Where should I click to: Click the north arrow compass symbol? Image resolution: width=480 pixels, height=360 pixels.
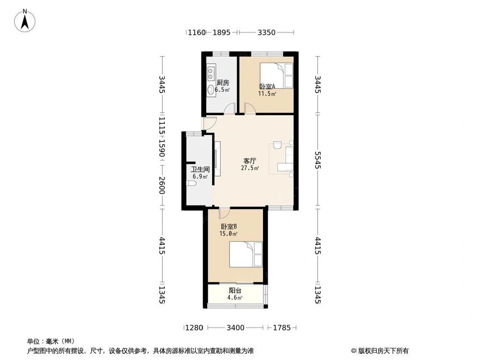pos(25,20)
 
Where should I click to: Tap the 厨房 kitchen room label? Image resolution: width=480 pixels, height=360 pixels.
pos(223,83)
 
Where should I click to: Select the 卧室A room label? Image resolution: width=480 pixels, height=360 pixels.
pos(267,86)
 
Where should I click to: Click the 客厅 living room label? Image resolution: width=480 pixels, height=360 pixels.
pos(250,161)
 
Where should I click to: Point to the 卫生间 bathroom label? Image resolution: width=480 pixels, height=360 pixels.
pos(200,169)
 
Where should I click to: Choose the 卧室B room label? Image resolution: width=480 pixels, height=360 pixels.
pos(229,227)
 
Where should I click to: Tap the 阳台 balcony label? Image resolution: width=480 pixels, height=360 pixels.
pos(235,290)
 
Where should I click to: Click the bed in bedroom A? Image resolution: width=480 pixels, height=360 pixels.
pos(276,76)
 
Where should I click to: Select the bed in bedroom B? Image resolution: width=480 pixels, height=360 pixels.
pos(246,254)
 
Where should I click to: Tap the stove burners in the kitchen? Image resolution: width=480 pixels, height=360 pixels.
pos(211,72)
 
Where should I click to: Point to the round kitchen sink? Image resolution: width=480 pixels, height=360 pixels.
pos(211,89)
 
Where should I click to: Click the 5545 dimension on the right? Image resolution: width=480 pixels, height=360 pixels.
pos(318,160)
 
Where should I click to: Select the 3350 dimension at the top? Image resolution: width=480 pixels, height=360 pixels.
pos(266,32)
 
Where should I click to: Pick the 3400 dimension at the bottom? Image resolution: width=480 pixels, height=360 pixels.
pos(235,328)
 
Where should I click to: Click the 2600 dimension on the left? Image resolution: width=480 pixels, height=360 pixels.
pos(162,185)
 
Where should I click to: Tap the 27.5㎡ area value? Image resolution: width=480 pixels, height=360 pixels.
pos(250,168)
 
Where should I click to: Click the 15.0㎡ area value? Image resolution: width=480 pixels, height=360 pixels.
pos(228,234)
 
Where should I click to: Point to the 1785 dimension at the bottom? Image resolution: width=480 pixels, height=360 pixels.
pos(282,328)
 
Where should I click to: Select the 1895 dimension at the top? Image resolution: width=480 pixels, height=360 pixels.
pos(221,32)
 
